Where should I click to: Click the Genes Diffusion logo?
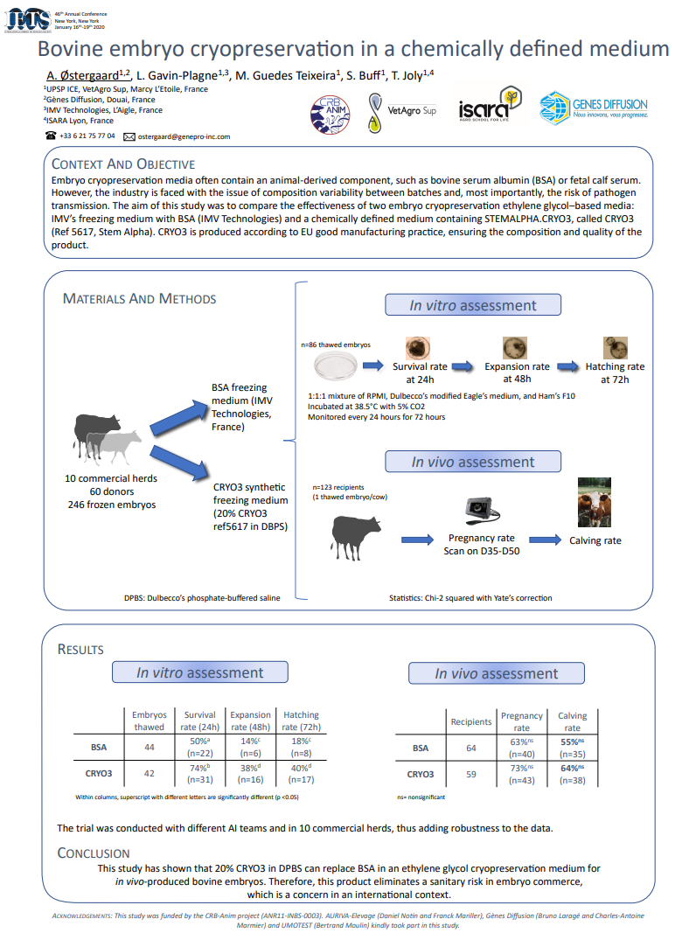[593, 108]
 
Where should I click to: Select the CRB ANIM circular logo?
[331, 115]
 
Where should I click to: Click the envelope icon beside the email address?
[129, 137]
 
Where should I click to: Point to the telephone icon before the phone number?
[52, 136]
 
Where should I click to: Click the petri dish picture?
[336, 366]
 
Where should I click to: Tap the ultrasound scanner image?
[482, 511]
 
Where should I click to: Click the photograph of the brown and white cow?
[595, 502]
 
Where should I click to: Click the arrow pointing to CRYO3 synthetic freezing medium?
[179, 463]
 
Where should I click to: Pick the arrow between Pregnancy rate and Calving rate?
[545, 540]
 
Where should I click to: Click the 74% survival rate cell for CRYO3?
[200, 774]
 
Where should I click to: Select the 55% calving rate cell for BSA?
[573, 748]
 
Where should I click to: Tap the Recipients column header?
[471, 721]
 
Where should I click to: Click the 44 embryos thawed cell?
[150, 748]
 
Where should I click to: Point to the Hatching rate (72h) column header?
[301, 721]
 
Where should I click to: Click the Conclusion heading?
[94, 853]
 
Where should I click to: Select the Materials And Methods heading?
[139, 299]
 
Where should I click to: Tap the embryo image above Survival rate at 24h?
[418, 348]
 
